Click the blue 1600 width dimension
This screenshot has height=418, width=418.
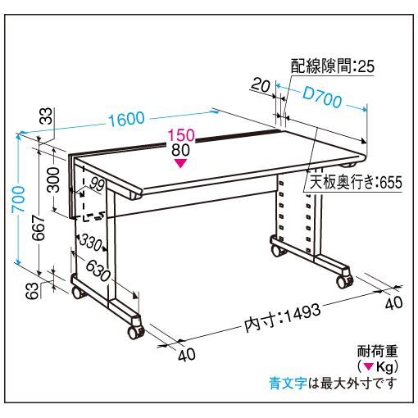[126, 119]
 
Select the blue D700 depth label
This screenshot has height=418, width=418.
[322, 97]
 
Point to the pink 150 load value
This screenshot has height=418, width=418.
[181, 135]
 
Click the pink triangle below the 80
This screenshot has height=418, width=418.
[180, 163]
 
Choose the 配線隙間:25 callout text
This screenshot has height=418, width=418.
[332, 66]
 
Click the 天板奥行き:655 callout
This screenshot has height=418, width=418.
[356, 182]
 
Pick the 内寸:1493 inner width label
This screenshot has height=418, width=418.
[282, 318]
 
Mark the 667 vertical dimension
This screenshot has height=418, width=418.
[39, 228]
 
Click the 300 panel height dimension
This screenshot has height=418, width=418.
[53, 179]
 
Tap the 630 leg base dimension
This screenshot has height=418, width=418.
[98, 270]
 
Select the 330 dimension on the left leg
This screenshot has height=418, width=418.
[90, 242]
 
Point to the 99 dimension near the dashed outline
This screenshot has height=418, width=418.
[97, 184]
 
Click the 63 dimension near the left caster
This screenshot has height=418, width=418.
[32, 291]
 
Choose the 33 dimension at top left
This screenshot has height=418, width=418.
[46, 116]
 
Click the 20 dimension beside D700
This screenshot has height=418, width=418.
[261, 85]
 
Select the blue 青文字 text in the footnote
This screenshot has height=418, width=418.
[288, 383]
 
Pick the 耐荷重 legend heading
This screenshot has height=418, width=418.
[378, 352]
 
